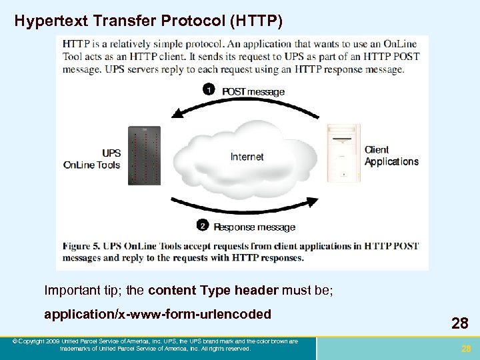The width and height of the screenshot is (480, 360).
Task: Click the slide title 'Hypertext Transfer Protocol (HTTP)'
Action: pyautogui.click(x=149, y=21)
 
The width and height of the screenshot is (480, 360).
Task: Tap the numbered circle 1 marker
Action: pyautogui.click(x=209, y=89)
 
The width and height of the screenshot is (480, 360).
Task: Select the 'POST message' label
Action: pyautogui.click(x=253, y=91)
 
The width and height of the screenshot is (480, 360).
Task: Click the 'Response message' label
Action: pyautogui.click(x=254, y=227)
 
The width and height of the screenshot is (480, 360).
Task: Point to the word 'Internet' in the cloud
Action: pyautogui.click(x=247, y=157)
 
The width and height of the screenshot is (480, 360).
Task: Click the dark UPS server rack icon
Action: pyautogui.click(x=146, y=155)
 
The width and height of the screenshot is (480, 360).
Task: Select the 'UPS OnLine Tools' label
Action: pyautogui.click(x=93, y=159)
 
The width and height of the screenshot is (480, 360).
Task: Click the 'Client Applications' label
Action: pyautogui.click(x=391, y=155)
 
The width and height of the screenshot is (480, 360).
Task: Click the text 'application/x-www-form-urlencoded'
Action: pyautogui.click(x=157, y=313)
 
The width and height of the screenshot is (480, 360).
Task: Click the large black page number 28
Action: pyautogui.click(x=459, y=324)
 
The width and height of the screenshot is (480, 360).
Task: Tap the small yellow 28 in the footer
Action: pyautogui.click(x=466, y=348)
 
